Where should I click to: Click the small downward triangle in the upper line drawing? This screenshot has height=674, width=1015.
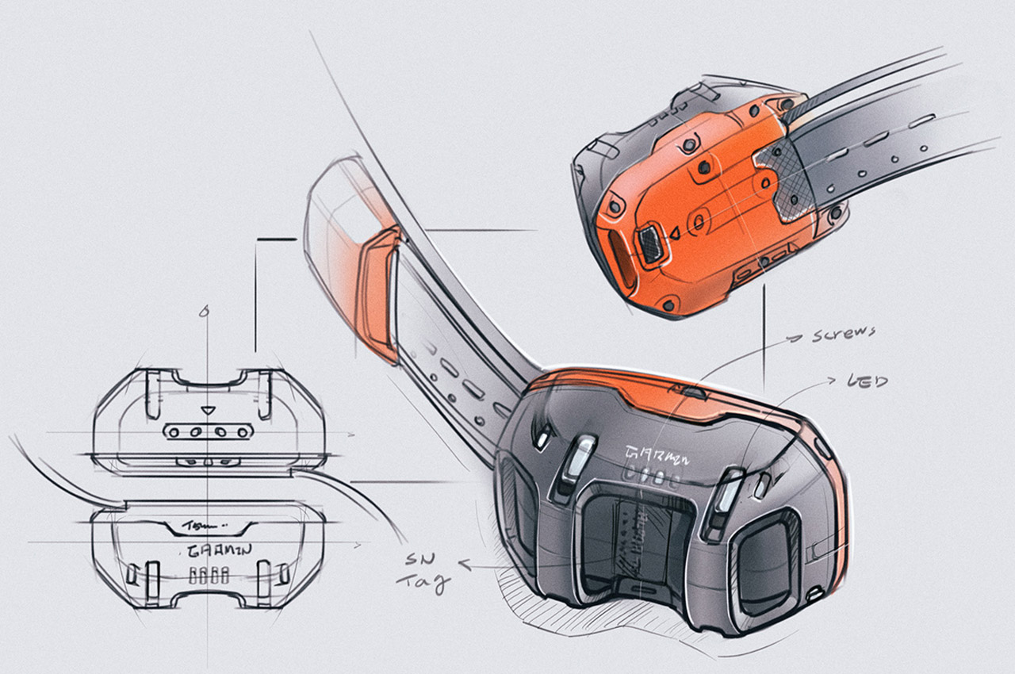click(208, 411)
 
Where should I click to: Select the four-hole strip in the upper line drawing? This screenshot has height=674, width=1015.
click(208, 431)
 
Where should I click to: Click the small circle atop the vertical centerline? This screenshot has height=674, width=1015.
click(205, 311)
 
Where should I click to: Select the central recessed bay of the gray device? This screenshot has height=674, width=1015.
click(626, 539)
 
